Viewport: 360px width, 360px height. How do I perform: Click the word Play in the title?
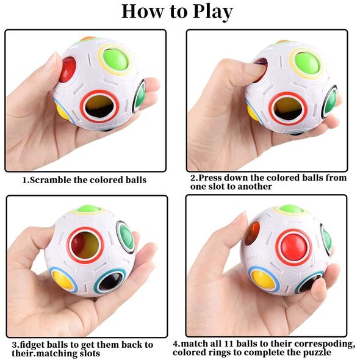(213, 12)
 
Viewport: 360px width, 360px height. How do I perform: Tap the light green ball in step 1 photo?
(115, 60)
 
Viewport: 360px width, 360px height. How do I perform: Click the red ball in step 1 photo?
(67, 70)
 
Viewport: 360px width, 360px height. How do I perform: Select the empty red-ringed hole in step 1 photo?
(99, 106)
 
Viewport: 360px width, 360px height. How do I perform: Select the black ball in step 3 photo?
(111, 282)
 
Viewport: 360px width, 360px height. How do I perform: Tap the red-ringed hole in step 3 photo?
(85, 245)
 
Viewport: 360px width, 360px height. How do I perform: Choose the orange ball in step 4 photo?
(252, 233)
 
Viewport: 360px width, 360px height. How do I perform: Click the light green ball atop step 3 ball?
(89, 209)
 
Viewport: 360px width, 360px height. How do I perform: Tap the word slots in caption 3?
(89, 353)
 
